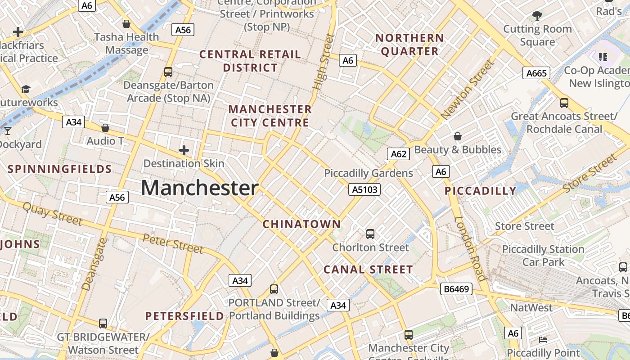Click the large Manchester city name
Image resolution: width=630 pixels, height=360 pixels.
pos(200,188)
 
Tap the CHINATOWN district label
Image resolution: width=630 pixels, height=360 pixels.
pos(302,224)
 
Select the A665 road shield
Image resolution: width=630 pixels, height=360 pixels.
pos(536,73)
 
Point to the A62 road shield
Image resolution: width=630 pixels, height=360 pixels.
pos(399,154)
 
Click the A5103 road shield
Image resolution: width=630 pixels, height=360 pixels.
pos(364,190)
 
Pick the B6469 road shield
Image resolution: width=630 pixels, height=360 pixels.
pos(456,289)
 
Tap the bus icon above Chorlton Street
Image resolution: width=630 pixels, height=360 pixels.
pos(370,234)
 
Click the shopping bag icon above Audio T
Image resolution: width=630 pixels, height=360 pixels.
pos(105,128)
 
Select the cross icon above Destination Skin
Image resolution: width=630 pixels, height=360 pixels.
pos(184,150)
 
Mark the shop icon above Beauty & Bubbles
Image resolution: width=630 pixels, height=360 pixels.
pos(458,136)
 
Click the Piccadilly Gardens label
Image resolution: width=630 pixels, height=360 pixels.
pos(369,173)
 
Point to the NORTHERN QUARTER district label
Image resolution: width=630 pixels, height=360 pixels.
pos(409,45)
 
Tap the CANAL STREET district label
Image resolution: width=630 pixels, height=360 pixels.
pos(368,270)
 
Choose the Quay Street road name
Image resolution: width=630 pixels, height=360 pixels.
pos(52,214)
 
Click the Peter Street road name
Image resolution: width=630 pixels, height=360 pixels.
pos(173,243)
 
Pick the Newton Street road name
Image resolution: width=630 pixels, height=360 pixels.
pos(468,90)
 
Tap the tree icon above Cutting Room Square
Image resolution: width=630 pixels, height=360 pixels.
pos(537,16)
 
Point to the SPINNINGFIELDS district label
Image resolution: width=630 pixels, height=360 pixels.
pos(60,169)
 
